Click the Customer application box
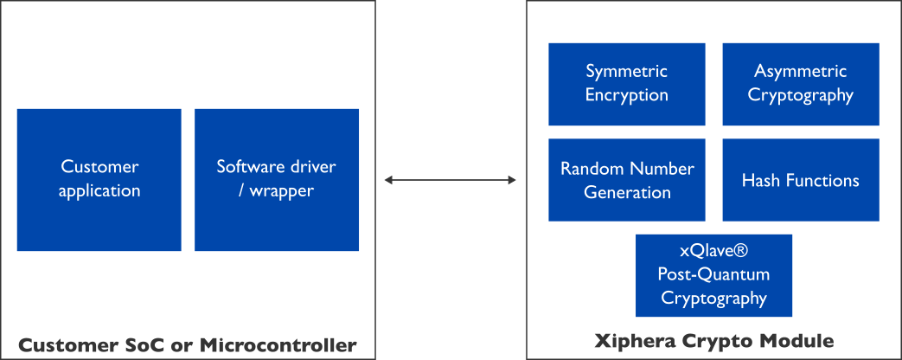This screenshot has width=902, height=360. coord(99,179)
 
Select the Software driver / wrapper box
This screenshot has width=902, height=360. coord(276,179)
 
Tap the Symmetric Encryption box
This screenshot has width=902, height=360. coord(626,84)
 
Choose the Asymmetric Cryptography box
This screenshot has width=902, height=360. coord(801,84)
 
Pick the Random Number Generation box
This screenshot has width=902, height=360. coord(626,180)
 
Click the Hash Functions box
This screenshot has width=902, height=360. coord(801,180)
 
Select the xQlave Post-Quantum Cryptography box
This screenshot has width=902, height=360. coord(713,275)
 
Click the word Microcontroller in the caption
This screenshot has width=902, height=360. coord(278,344)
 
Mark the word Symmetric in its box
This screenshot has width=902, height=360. coord(626,72)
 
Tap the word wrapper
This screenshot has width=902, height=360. coord(282,190)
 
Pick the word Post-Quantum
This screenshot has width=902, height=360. coord(713,275)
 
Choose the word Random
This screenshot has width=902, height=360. coord(592,169)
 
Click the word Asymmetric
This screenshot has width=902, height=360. coord(801,72)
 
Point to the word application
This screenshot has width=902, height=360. coord(99,190)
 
